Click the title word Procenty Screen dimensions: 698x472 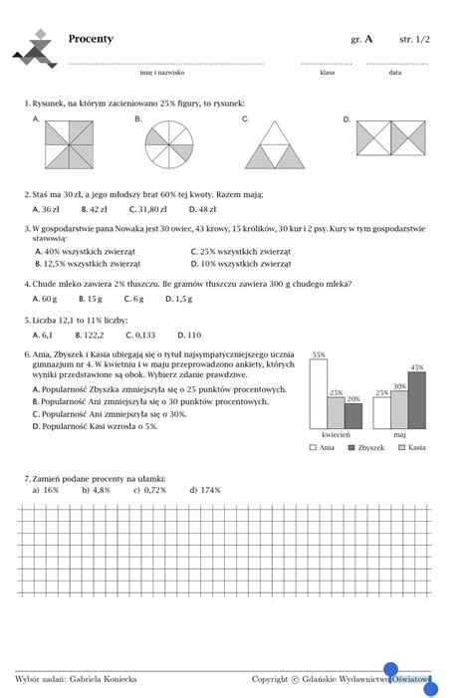[91, 39]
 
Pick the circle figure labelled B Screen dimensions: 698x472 [170, 145]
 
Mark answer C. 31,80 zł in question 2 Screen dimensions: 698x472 [149, 209]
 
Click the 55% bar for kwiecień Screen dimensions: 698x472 [319, 394]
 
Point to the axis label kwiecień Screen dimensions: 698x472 [336, 436]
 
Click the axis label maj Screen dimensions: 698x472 [400, 436]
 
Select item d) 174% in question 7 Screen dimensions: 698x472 [205, 490]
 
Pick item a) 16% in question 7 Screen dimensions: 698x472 [46, 490]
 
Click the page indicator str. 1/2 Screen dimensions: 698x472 [415, 39]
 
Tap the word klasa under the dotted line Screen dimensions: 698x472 [327, 73]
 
